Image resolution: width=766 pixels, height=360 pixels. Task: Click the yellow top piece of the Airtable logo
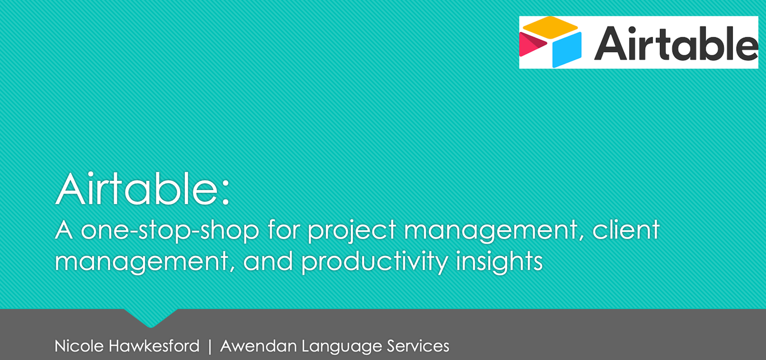(x=550, y=28)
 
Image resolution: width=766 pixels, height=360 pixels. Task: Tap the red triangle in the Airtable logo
(x=532, y=44)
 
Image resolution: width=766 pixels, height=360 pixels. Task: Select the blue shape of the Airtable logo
(x=567, y=50)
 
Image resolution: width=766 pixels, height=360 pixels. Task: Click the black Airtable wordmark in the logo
(x=676, y=43)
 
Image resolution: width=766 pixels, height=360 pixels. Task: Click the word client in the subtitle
(x=626, y=229)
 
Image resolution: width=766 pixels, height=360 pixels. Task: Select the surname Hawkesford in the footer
(x=154, y=346)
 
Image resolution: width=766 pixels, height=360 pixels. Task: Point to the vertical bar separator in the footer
(x=209, y=346)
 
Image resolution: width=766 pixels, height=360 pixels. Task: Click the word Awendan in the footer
(x=258, y=346)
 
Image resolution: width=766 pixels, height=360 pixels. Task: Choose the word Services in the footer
(x=418, y=346)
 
